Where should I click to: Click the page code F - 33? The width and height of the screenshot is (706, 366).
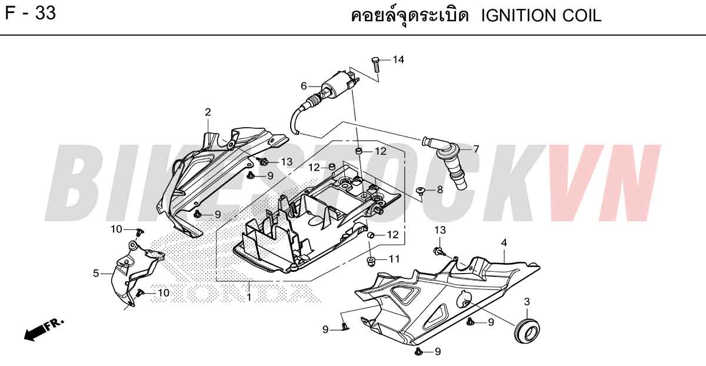tap(31, 14)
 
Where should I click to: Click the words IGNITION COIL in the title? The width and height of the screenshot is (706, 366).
tap(541, 16)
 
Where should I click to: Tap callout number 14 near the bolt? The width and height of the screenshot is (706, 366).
tap(398, 59)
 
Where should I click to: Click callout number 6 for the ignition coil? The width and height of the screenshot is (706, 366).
tap(304, 86)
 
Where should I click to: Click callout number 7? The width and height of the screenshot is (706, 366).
tap(476, 149)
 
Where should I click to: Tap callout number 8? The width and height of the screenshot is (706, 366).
tap(439, 190)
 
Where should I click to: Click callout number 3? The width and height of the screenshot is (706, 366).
tap(527, 302)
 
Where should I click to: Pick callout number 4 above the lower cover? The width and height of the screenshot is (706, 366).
tap(504, 243)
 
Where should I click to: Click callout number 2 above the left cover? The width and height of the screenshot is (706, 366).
tap(208, 112)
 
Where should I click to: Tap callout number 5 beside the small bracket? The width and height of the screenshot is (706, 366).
tap(96, 273)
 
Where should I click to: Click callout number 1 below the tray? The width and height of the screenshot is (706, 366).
tap(249, 297)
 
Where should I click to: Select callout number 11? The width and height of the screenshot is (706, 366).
tap(394, 259)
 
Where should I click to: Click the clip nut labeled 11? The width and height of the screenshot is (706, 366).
tap(371, 261)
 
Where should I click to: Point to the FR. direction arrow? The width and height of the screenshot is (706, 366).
tap(44, 330)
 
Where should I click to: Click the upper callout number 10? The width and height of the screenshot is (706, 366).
tap(116, 229)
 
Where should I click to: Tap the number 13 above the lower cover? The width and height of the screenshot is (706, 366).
tap(440, 230)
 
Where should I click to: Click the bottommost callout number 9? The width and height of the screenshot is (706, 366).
tap(438, 351)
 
